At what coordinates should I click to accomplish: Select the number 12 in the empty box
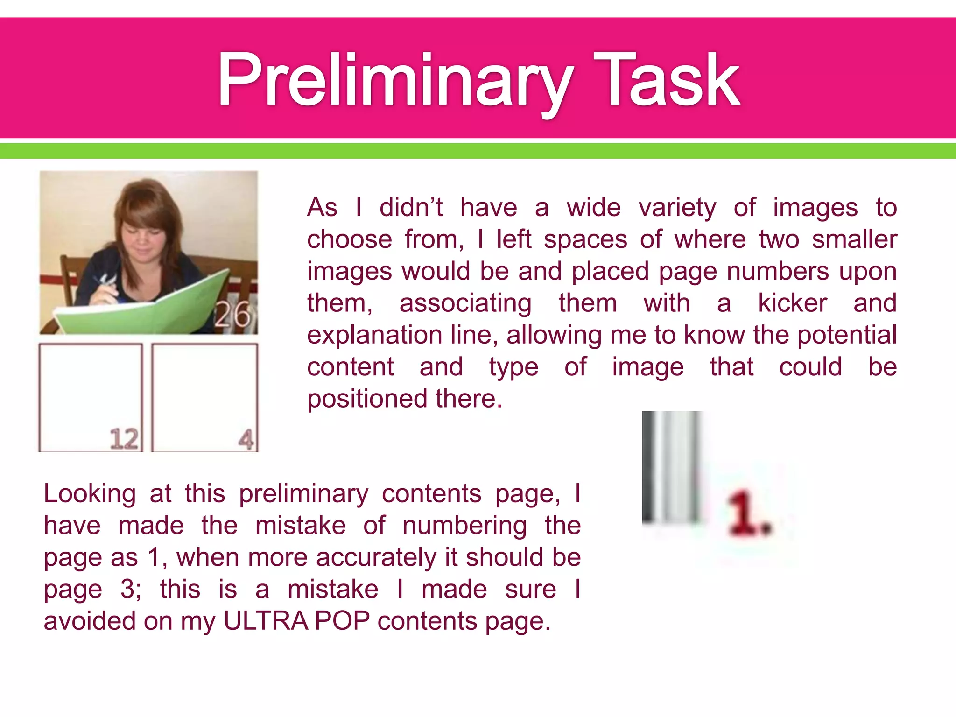click(x=124, y=439)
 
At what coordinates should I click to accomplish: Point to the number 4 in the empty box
click(x=246, y=439)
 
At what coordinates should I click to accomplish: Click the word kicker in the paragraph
click(x=793, y=303)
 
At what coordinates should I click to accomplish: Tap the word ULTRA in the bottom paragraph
click(x=265, y=621)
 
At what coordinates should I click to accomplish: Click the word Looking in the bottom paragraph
click(x=90, y=494)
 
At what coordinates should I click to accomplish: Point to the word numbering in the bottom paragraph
click(x=464, y=526)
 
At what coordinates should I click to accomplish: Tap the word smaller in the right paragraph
click(x=854, y=239)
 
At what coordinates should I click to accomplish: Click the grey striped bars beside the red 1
click(x=671, y=467)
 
